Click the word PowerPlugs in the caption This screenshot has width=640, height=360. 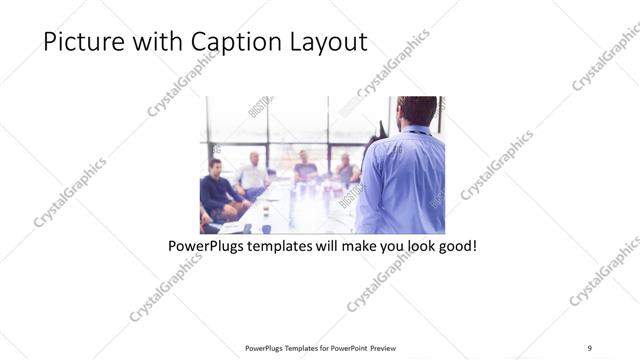[209, 245]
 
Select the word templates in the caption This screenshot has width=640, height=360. [290, 245]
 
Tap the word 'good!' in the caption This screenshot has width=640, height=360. [454, 245]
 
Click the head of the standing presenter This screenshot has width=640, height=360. [416, 110]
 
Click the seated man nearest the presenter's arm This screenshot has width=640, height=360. [346, 169]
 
